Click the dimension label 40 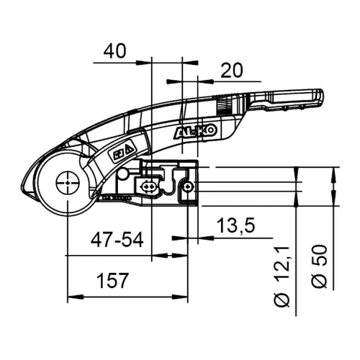(114, 51)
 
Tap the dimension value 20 (231, 71)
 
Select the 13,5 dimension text (235, 226)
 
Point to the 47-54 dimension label (117, 240)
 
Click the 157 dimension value (113, 281)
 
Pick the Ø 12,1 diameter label (283, 276)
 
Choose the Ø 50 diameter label (319, 266)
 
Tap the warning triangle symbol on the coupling (129, 150)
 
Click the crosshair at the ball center (68, 183)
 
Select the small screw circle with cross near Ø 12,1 (187, 186)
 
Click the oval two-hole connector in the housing (148, 186)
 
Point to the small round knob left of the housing (122, 174)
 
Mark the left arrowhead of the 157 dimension (76, 297)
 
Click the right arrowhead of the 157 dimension (180, 297)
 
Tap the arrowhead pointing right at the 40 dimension (144, 63)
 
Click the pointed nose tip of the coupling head (22, 186)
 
